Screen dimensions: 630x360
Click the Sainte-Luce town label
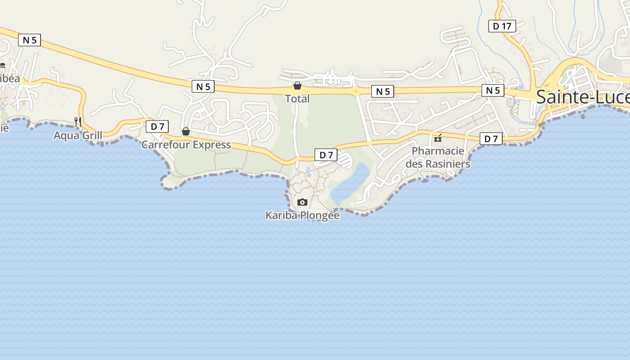583,97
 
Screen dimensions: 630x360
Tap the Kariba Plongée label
302,216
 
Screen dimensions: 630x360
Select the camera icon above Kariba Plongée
302,202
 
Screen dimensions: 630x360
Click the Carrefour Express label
186,145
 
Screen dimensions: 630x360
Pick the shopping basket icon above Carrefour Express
185,131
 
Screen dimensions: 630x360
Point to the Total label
297,99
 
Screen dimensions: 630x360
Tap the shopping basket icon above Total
297,85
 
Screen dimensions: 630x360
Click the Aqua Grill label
78,135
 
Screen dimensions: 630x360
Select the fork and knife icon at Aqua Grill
78,121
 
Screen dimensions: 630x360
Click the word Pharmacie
438,151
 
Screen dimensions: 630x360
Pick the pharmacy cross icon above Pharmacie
438,138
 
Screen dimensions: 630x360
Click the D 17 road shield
502,26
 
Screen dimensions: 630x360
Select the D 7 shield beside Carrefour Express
157,126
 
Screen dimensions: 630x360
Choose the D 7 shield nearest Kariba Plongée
326,155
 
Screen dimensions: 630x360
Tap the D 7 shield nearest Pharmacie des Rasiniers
490,139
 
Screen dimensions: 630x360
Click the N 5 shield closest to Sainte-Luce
493,90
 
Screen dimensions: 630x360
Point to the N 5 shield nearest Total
382,92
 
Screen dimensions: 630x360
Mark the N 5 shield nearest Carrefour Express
203,86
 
